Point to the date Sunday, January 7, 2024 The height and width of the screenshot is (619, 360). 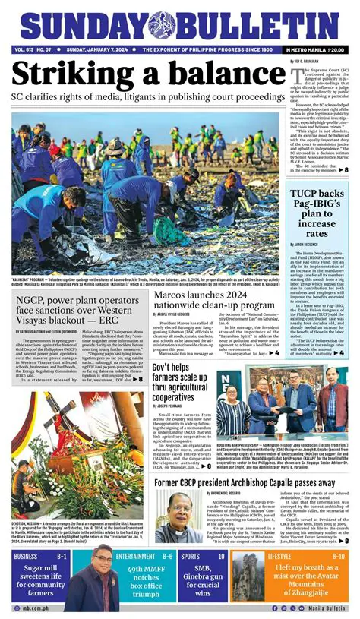95,50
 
